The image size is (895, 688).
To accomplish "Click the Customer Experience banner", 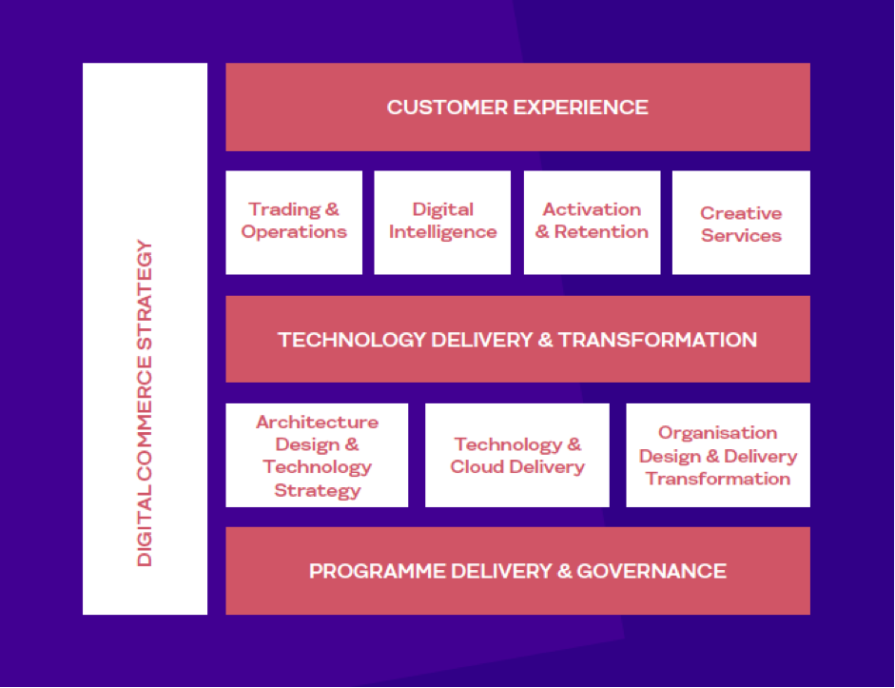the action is tap(517, 107).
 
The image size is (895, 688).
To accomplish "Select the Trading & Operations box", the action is tap(294, 222).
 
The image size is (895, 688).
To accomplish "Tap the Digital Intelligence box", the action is tap(442, 222).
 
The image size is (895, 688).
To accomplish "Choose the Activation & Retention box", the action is tap(592, 222).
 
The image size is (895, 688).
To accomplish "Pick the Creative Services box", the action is tap(741, 222).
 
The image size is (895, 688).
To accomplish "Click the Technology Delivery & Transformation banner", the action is tap(517, 339).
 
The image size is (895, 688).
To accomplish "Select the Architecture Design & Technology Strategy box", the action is tap(317, 455).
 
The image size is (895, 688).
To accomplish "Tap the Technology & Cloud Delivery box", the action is tap(517, 455).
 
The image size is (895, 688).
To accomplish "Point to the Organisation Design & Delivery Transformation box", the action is tap(718, 455).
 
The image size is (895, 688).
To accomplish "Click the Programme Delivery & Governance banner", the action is tap(517, 571).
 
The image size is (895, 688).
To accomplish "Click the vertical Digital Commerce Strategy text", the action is tap(145, 403).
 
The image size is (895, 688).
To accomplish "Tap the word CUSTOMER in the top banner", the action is tap(447, 108).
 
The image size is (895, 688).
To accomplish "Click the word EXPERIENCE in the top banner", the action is tap(581, 108).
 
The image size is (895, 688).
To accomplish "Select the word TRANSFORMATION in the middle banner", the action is tap(657, 340).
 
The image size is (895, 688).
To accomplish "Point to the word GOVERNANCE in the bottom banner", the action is tap(652, 571).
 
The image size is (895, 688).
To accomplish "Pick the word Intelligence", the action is tap(443, 232).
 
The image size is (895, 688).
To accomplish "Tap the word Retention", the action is tap(602, 232).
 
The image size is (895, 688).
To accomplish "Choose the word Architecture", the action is tap(318, 422).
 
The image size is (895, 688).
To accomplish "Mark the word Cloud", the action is tap(477, 466).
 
